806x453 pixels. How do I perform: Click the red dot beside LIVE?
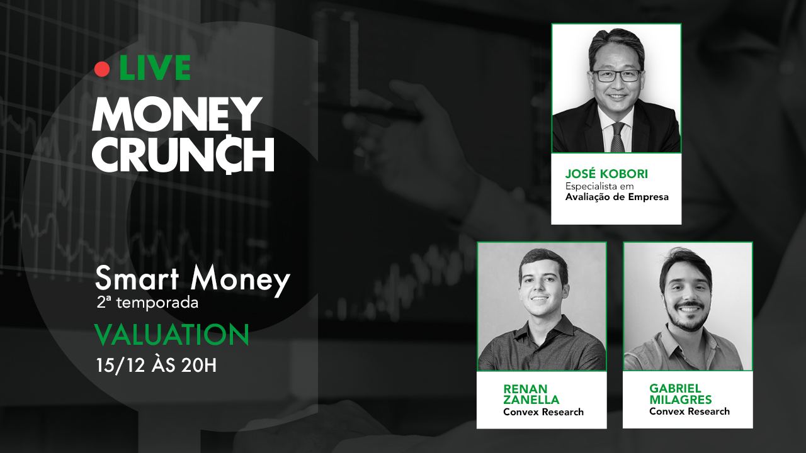point(102,69)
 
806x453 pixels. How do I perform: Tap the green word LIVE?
point(155,67)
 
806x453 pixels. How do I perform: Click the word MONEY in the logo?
point(177,114)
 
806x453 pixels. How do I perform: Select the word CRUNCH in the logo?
point(183,155)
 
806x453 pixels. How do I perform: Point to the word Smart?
point(137,278)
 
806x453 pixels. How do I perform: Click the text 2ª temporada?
point(147,303)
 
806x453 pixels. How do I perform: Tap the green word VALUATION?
point(172,335)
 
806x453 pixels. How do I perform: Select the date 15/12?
point(120,366)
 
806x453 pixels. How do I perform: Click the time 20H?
point(198,366)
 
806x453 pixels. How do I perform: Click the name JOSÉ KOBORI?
point(606,174)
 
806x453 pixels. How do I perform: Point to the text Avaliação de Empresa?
point(616,197)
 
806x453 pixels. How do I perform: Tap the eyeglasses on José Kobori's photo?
point(616,75)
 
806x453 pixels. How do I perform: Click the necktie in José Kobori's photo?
point(618,137)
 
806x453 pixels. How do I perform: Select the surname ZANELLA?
point(531,400)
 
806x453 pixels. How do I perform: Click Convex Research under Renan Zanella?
point(543,411)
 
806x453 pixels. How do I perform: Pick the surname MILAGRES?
point(681,400)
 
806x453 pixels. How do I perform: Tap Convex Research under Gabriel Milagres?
point(690,411)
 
